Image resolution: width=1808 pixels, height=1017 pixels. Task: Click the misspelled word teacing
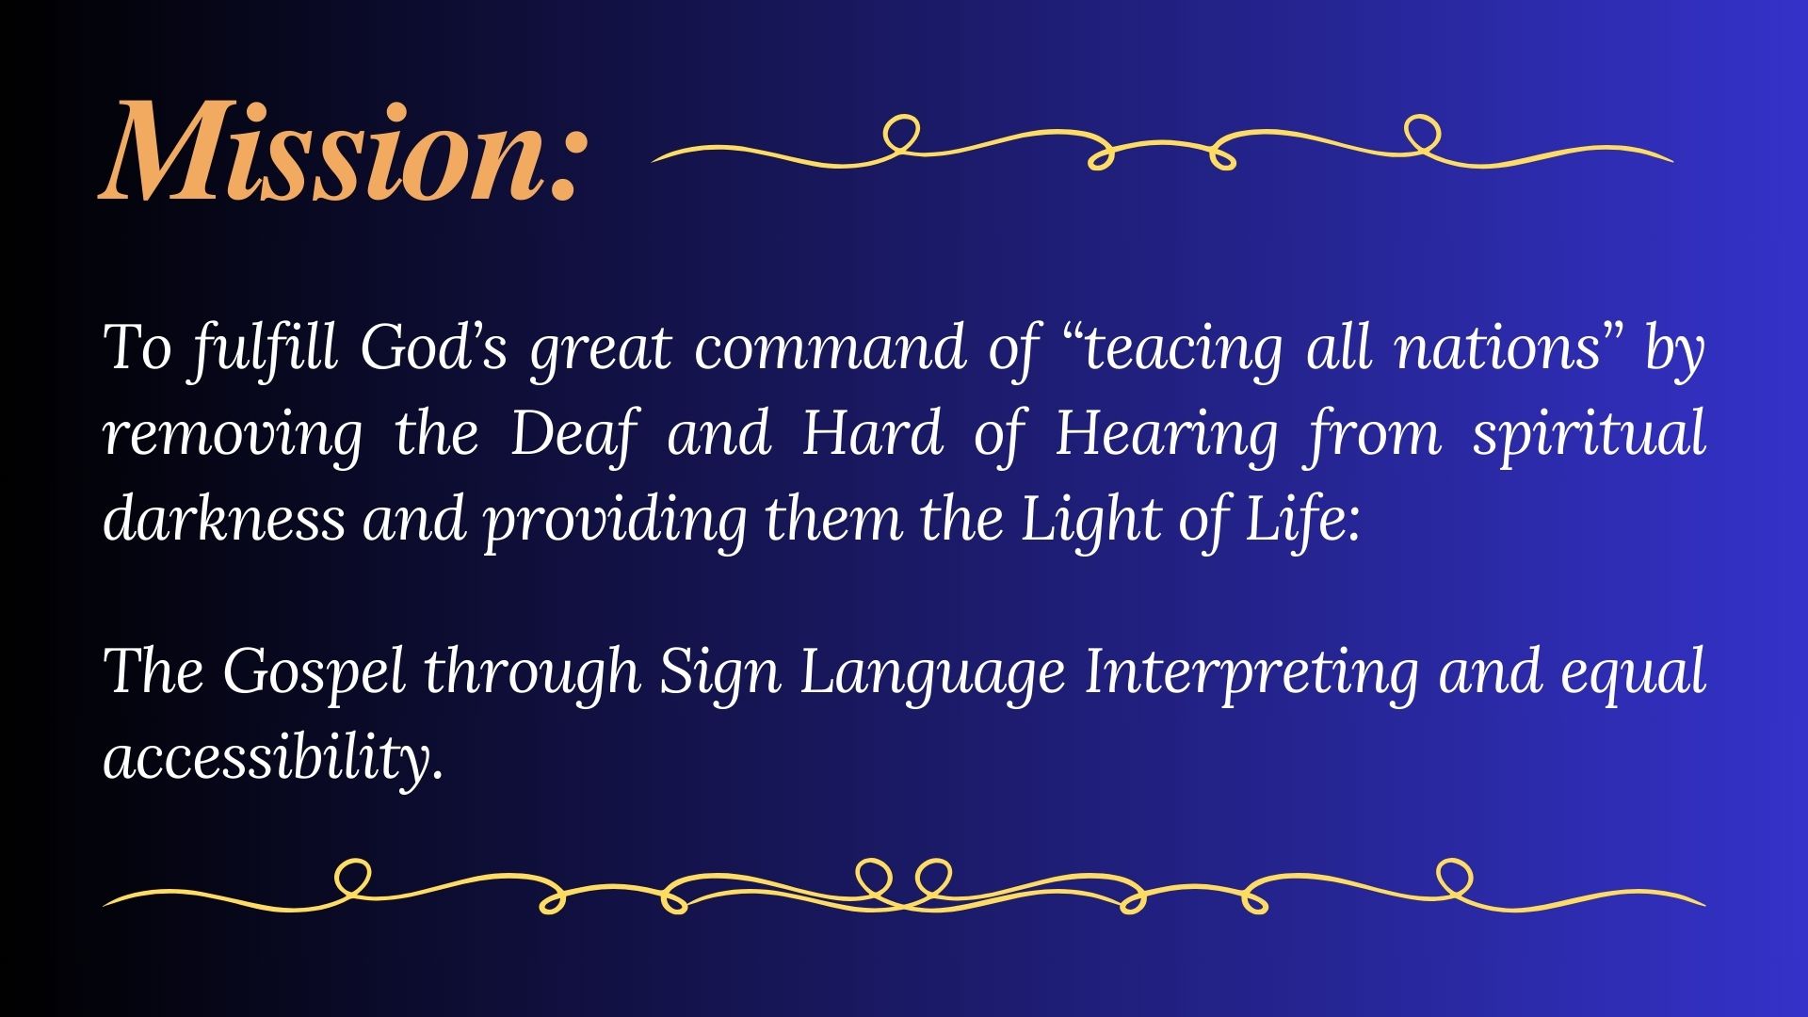pyautogui.click(x=1184, y=348)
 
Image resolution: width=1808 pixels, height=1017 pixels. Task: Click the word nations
pyautogui.click(x=1498, y=347)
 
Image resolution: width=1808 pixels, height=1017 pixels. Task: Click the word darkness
pyautogui.click(x=224, y=518)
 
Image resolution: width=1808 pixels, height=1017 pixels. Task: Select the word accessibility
pyautogui.click(x=273, y=757)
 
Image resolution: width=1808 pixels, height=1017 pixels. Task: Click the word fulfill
pyautogui.click(x=263, y=347)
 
